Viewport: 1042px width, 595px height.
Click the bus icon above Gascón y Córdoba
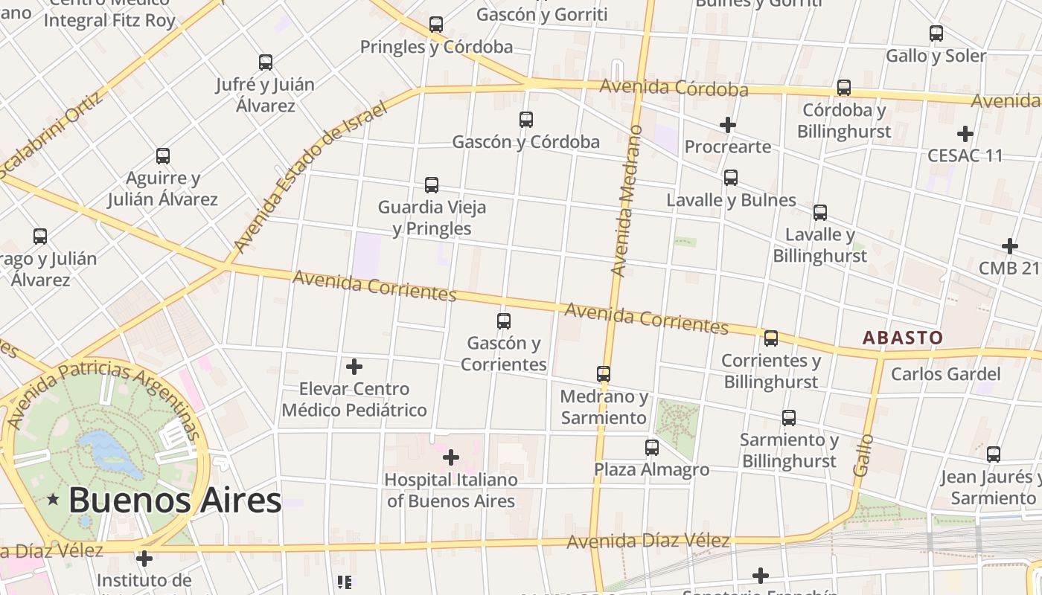pyautogui.click(x=526, y=119)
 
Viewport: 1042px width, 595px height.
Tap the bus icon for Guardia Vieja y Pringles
pyautogui.click(x=432, y=184)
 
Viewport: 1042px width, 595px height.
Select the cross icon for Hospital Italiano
pyautogui.click(x=451, y=457)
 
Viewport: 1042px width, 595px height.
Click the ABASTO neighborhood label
pyautogui.click(x=902, y=338)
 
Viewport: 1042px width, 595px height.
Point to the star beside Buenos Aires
pyautogui.click(x=53, y=500)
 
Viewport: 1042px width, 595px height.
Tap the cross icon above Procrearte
pyautogui.click(x=728, y=125)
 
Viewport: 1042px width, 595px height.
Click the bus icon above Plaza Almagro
pyautogui.click(x=652, y=447)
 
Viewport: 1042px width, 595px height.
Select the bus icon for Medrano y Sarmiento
pyautogui.click(x=604, y=373)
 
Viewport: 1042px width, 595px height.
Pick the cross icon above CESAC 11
pyautogui.click(x=965, y=134)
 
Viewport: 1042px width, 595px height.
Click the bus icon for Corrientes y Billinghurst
pyautogui.click(x=771, y=338)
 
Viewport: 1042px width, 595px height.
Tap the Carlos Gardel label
pyautogui.click(x=944, y=373)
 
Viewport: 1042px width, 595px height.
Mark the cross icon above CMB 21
pyautogui.click(x=1010, y=245)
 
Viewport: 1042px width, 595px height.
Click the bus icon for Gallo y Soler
pyautogui.click(x=936, y=33)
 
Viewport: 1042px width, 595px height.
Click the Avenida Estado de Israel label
pyautogui.click(x=311, y=176)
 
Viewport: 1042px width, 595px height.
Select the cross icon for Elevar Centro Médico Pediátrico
pyautogui.click(x=354, y=366)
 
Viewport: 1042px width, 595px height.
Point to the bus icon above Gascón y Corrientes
pyautogui.click(x=504, y=321)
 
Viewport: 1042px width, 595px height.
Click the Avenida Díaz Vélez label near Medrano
pyautogui.click(x=648, y=541)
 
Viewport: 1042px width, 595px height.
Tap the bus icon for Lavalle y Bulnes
pyautogui.click(x=731, y=178)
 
